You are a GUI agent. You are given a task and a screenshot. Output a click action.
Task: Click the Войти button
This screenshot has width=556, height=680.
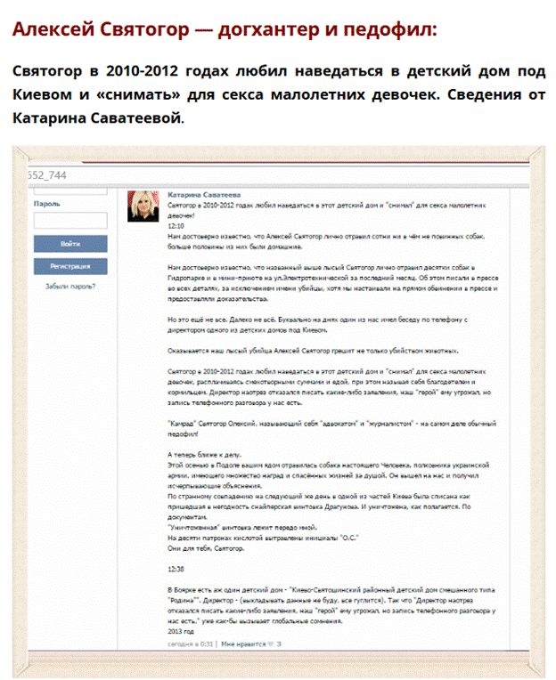pyautogui.click(x=70, y=243)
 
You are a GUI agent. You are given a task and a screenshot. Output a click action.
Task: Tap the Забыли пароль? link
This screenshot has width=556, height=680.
pyautogui.click(x=70, y=287)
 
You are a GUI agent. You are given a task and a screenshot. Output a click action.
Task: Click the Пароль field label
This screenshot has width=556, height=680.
pyautogui.click(x=46, y=203)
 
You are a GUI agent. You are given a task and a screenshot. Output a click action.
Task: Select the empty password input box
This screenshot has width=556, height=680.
pyautogui.click(x=70, y=220)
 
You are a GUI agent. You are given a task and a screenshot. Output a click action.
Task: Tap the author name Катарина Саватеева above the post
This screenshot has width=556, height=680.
pyautogui.click(x=204, y=192)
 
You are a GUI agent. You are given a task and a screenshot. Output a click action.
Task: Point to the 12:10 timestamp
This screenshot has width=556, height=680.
pyautogui.click(x=176, y=226)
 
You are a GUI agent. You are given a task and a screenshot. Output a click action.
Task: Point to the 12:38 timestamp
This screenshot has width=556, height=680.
pyautogui.click(x=176, y=568)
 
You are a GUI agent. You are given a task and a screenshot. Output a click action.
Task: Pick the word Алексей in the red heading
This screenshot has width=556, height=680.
pyautogui.click(x=51, y=29)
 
